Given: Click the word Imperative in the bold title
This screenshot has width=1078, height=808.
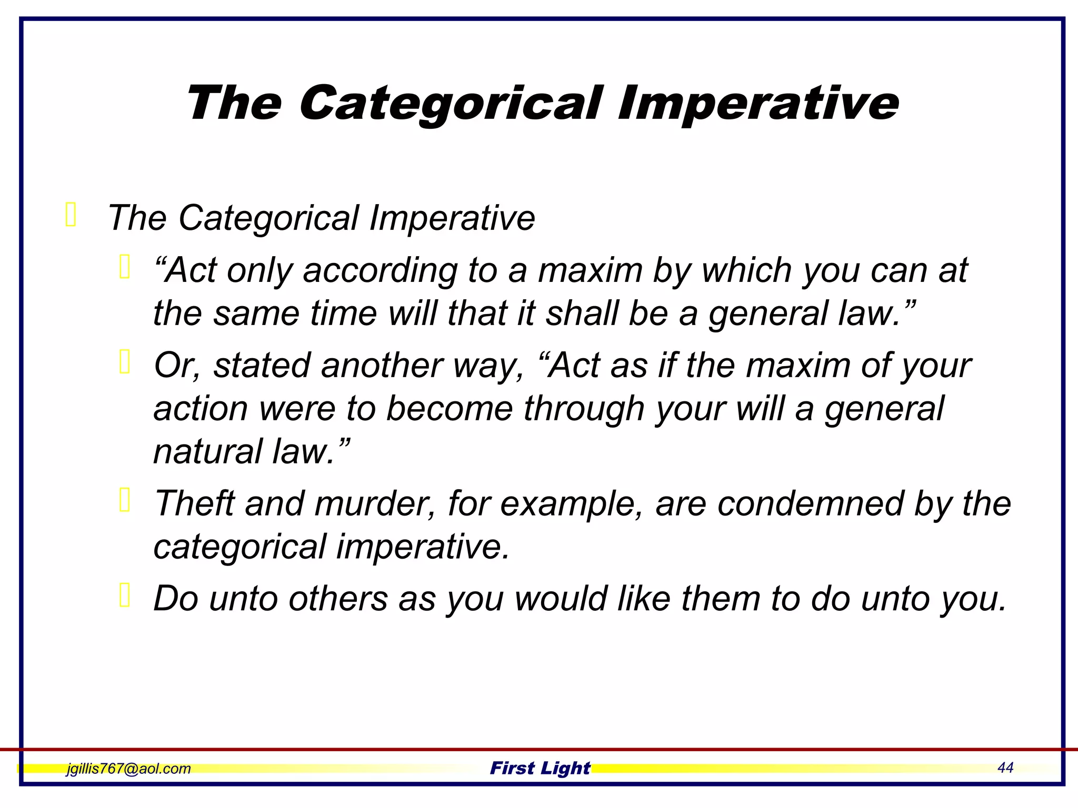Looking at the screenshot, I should pyautogui.click(x=758, y=104).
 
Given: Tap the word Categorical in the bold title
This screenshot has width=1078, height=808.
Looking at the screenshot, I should pyautogui.click(x=451, y=104).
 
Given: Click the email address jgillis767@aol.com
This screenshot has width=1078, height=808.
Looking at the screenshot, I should pyautogui.click(x=128, y=769).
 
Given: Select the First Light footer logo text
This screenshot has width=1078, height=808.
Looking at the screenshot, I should pyautogui.click(x=540, y=768).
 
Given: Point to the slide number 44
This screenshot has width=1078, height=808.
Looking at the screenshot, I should pyautogui.click(x=1005, y=767).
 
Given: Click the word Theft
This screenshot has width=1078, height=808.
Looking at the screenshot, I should pyautogui.click(x=194, y=503).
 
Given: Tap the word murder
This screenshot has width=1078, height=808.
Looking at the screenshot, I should pyautogui.click(x=375, y=503).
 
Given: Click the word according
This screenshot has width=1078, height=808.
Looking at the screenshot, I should pyautogui.click(x=380, y=271).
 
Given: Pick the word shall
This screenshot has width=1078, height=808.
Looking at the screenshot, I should pyautogui.click(x=582, y=313).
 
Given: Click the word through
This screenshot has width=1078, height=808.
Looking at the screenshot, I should pyautogui.click(x=584, y=409).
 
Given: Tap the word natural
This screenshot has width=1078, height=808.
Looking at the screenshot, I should pyautogui.click(x=207, y=452).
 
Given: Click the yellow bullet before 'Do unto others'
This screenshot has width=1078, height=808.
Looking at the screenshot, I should pyautogui.click(x=125, y=595).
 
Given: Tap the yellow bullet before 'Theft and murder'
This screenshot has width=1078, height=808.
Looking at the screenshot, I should pyautogui.click(x=125, y=500).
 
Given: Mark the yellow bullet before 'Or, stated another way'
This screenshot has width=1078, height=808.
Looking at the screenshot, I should pyautogui.click(x=125, y=362).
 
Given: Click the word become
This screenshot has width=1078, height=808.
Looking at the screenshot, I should pyautogui.click(x=450, y=409).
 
